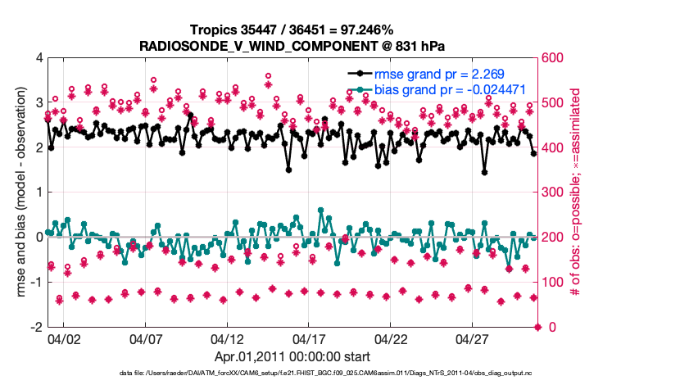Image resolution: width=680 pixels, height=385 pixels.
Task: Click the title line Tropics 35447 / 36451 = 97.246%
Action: tap(292, 30)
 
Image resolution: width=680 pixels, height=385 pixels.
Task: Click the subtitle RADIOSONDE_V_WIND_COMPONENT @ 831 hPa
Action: tap(292, 45)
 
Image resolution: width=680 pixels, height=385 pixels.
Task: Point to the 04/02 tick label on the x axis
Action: tap(64, 338)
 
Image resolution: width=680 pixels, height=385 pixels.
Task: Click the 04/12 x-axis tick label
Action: tap(227, 338)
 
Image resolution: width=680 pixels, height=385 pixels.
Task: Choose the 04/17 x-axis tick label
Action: tap(309, 338)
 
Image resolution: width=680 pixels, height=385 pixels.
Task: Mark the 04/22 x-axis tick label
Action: tap(391, 338)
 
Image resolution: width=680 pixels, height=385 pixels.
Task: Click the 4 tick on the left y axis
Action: tap(39, 58)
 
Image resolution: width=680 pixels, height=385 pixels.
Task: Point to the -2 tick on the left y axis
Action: tap(37, 327)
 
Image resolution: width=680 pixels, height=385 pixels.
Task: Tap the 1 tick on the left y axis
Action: tap(39, 192)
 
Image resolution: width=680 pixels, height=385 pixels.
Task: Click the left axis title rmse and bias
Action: tap(20, 192)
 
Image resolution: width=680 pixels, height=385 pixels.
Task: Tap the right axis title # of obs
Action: tap(574, 192)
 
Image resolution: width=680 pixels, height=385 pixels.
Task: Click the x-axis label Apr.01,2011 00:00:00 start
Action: tap(292, 356)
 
